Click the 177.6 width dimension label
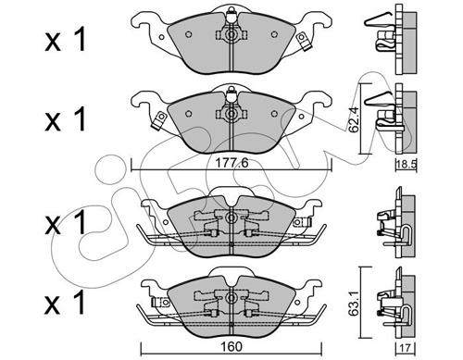pyautogui.click(x=231, y=163)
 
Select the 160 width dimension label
pyautogui.click(x=231, y=346)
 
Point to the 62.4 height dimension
pyautogui.click(x=353, y=119)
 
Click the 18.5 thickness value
pyautogui.click(x=407, y=165)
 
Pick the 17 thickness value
pyautogui.click(x=406, y=348)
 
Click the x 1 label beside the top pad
pyautogui.click(x=65, y=42)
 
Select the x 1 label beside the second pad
pyautogui.click(x=65, y=119)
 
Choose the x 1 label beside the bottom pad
pyautogui.click(x=65, y=303)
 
